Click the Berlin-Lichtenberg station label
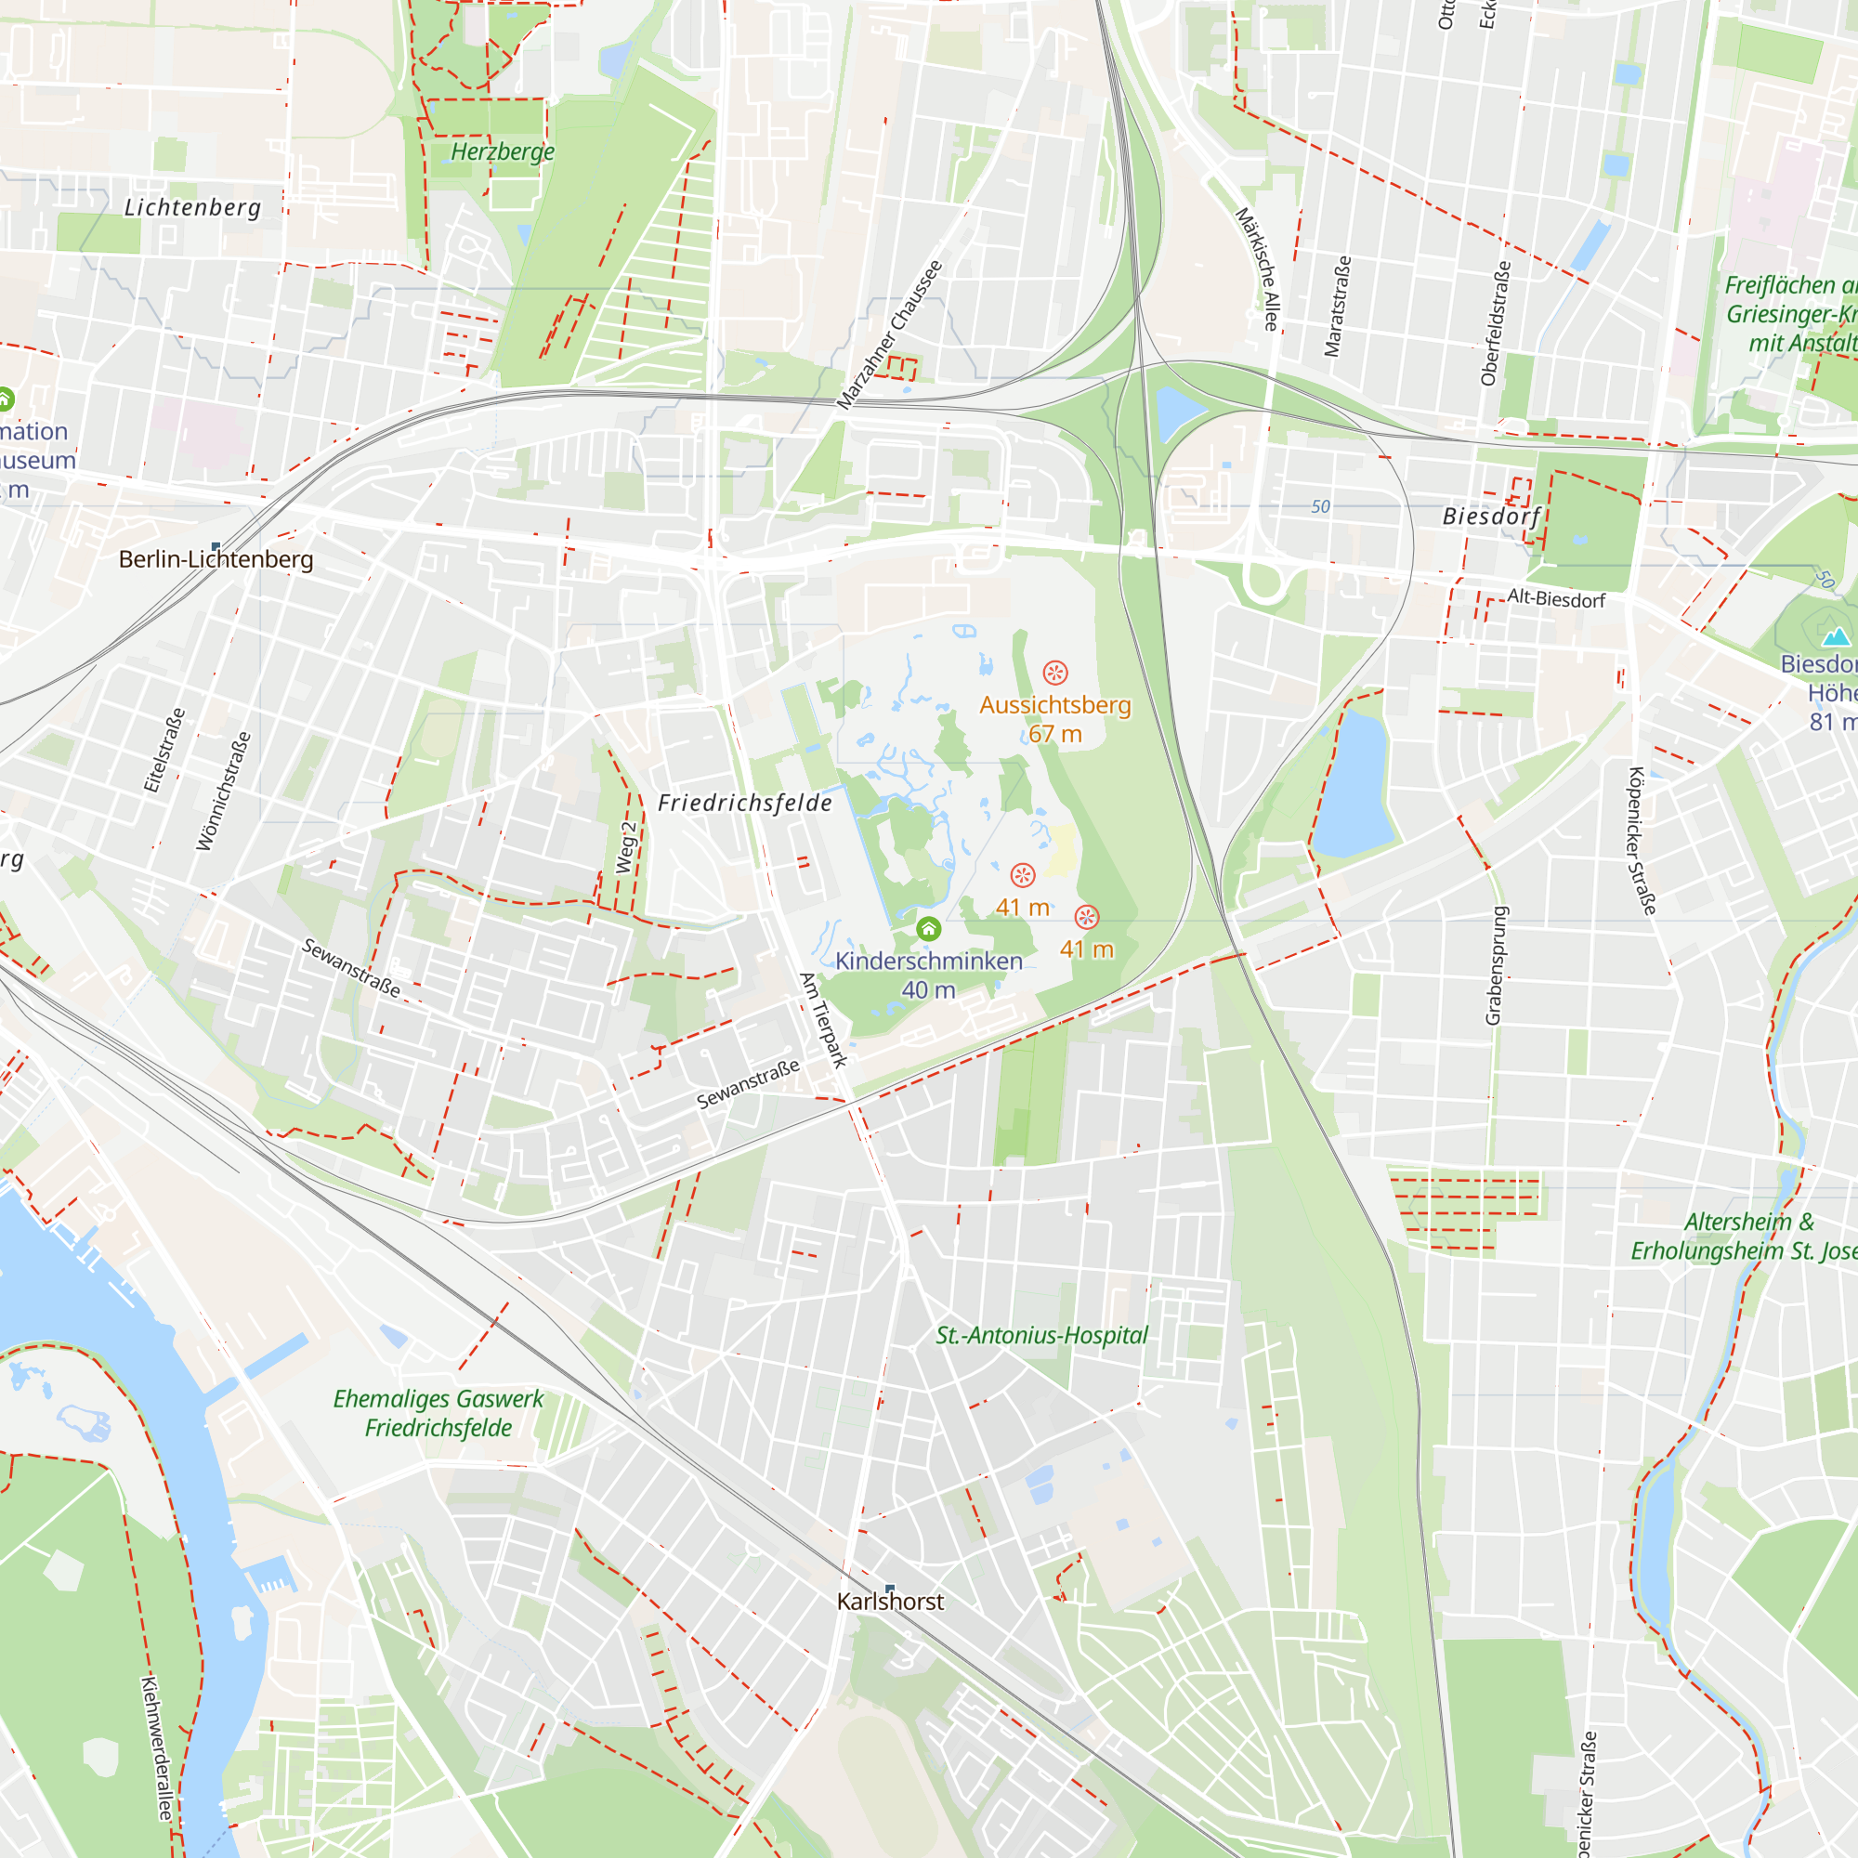coord(216,558)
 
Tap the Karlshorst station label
coord(890,1601)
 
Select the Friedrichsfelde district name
coord(744,802)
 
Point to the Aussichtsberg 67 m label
coord(1055,718)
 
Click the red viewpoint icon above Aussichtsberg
coord(1055,672)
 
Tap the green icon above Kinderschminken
coord(928,928)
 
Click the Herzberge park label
coord(502,152)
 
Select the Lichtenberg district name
coord(192,208)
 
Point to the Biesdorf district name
coord(1491,517)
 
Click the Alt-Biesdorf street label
coord(1555,598)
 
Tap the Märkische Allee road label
coord(1258,269)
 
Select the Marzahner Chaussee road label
coord(890,334)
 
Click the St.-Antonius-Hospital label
coord(1041,1335)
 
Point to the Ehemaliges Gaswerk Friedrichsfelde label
coord(438,1413)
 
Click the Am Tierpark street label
coord(824,1020)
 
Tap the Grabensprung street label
coord(1496,965)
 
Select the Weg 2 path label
coord(626,847)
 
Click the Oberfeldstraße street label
coord(1496,323)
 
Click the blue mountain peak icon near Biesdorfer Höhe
coord(1836,636)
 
